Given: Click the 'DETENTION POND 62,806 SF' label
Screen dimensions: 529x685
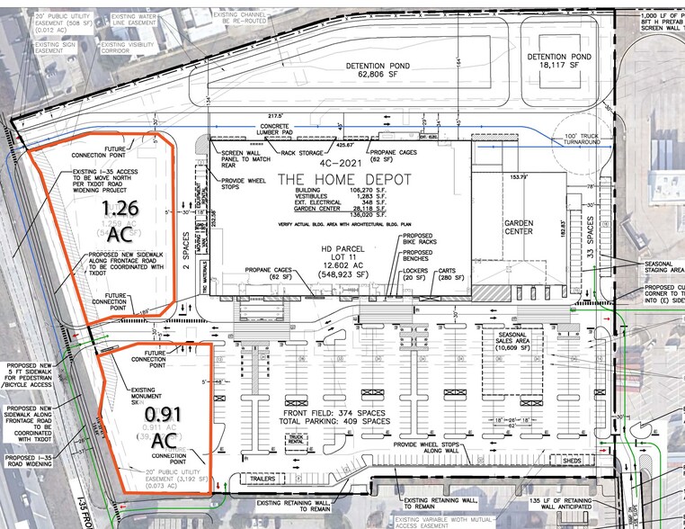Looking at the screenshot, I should [x=392, y=72].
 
